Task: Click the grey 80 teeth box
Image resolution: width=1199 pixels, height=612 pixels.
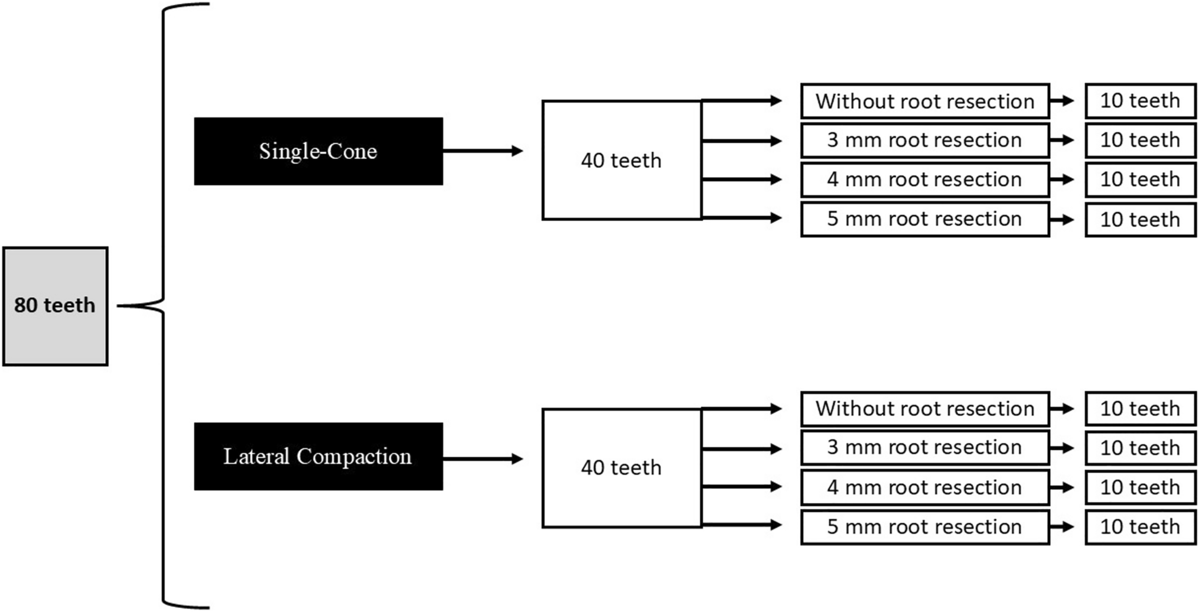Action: click(55, 306)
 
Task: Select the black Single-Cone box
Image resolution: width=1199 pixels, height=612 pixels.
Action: click(318, 151)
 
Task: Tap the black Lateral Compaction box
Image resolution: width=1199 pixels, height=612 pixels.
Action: click(318, 456)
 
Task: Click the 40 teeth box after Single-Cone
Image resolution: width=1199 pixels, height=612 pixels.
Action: click(621, 160)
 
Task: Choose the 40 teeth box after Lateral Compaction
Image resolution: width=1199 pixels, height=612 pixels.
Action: click(621, 468)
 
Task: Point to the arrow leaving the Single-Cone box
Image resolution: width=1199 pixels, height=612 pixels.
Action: click(483, 151)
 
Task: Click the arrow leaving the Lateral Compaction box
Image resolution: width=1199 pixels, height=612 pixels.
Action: click(483, 459)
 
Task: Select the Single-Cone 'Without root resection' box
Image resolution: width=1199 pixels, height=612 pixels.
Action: click(925, 101)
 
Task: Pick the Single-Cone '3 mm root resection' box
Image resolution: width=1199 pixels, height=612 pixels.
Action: click(925, 140)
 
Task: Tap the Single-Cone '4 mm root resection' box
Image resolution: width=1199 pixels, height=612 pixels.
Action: click(925, 180)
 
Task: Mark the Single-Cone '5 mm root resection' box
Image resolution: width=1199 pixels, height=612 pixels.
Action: click(925, 219)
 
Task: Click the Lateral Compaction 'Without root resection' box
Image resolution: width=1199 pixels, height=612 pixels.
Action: click(925, 409)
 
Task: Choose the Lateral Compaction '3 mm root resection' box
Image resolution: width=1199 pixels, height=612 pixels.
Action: click(925, 448)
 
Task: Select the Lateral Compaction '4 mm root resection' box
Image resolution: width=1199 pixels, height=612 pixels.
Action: click(925, 487)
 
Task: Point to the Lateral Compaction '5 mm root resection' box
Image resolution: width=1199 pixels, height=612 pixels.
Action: click(925, 527)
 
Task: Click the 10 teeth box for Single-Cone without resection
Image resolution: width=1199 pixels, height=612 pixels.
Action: click(1140, 101)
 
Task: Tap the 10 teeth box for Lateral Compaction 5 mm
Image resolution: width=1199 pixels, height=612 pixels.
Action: click(1140, 527)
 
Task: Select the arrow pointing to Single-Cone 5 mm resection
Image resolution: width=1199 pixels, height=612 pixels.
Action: click(742, 218)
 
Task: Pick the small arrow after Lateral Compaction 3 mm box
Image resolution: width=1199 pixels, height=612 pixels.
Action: click(1062, 448)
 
